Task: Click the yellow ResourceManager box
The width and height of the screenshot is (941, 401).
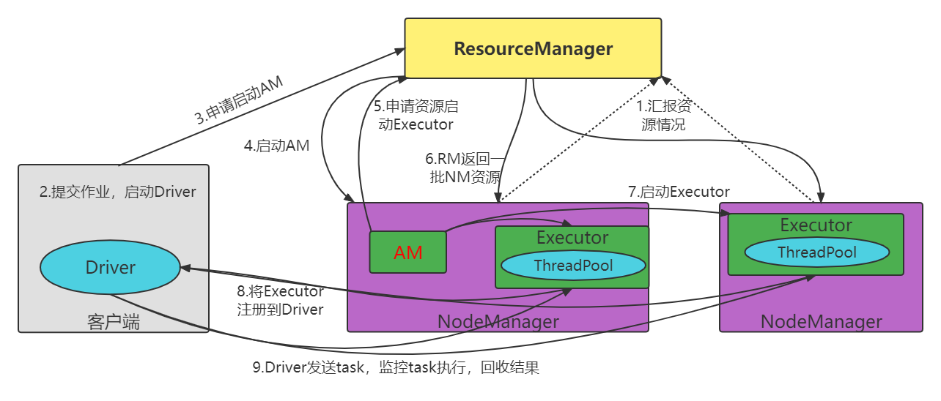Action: pyautogui.click(x=533, y=48)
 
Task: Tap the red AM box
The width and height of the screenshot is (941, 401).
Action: pyautogui.click(x=408, y=252)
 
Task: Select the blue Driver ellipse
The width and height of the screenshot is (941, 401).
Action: pyautogui.click(x=111, y=267)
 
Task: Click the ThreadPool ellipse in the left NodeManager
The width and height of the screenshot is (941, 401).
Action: pyautogui.click(x=573, y=265)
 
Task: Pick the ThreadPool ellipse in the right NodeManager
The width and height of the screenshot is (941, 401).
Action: pyautogui.click(x=816, y=252)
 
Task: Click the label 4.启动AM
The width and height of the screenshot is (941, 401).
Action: pyautogui.click(x=276, y=146)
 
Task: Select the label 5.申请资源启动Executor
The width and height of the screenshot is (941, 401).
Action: pyautogui.click(x=414, y=114)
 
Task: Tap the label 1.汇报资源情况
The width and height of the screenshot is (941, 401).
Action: pyautogui.click(x=663, y=116)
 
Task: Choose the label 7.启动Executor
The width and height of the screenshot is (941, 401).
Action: pyautogui.click(x=679, y=192)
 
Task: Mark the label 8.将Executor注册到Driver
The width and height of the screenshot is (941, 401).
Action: pyautogui.click(x=280, y=301)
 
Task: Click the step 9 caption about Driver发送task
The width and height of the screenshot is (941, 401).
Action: pyautogui.click(x=396, y=367)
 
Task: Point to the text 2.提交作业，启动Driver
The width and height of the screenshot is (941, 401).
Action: pyautogui.click(x=118, y=192)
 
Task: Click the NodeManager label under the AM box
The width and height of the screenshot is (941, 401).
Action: pyautogui.click(x=498, y=321)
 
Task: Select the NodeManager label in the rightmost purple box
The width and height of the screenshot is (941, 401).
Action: pyautogui.click(x=821, y=321)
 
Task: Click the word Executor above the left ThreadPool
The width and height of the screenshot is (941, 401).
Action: pyautogui.click(x=572, y=238)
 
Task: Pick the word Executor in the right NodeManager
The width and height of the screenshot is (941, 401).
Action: pyautogui.click(x=816, y=225)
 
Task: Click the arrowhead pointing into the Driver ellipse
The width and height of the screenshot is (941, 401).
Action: pyautogui.click(x=185, y=268)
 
